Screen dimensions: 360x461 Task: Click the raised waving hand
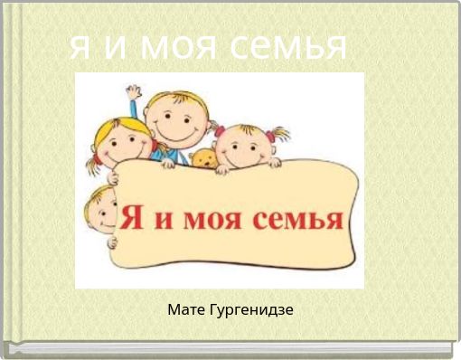point(134,93)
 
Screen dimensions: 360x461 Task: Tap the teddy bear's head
point(202,159)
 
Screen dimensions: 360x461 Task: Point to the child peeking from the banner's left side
point(99,213)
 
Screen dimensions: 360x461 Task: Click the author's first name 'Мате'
point(186,310)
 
